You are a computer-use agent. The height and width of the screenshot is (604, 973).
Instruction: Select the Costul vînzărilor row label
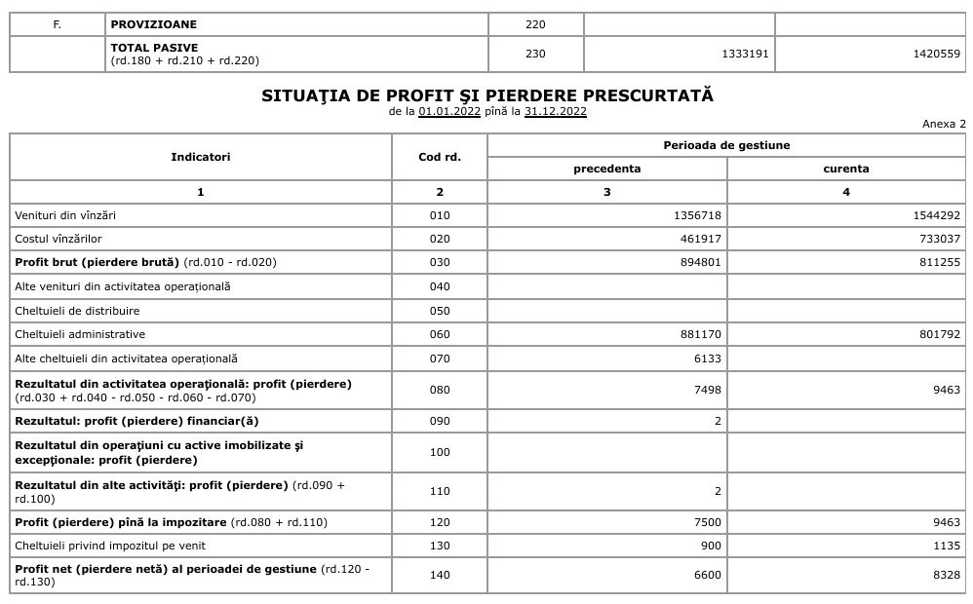pyautogui.click(x=58, y=239)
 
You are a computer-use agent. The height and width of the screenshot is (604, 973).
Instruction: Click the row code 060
pyautogui.click(x=440, y=334)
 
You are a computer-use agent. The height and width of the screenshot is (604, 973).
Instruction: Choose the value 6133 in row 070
pyautogui.click(x=708, y=359)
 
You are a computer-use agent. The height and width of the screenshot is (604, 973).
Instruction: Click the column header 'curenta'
pyautogui.click(x=845, y=169)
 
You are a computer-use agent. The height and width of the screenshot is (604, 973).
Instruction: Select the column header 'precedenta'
pyautogui.click(x=606, y=169)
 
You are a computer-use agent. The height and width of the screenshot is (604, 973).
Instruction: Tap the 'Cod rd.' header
pyautogui.click(x=440, y=157)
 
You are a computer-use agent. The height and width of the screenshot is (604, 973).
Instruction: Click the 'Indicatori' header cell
pyautogui.click(x=201, y=157)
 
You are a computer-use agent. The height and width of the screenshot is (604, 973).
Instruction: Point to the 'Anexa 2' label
pyautogui.click(x=943, y=124)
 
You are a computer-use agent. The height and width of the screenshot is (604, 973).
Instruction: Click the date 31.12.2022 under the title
pyautogui.click(x=555, y=111)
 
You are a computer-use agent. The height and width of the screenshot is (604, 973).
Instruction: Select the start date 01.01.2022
pyautogui.click(x=449, y=111)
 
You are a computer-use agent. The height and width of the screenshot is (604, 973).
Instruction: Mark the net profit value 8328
pyautogui.click(x=946, y=575)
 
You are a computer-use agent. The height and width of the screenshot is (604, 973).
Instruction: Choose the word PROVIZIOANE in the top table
pyautogui.click(x=154, y=24)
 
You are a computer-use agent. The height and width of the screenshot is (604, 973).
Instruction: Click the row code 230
pyautogui.click(x=535, y=54)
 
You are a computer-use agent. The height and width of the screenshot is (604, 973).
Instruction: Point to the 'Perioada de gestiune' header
pyautogui.click(x=726, y=145)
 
